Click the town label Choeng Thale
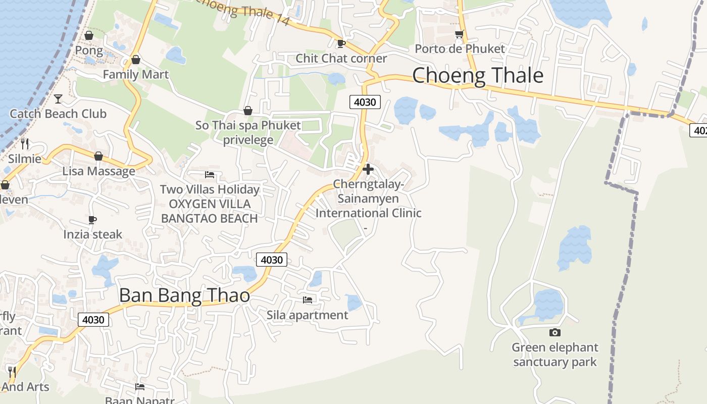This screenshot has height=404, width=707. (x=478, y=76)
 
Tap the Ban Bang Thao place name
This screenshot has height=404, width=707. (x=184, y=295)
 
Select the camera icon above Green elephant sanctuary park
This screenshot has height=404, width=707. (x=554, y=332)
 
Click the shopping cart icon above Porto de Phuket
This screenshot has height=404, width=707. (x=459, y=34)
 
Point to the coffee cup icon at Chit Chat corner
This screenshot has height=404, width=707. (x=341, y=43)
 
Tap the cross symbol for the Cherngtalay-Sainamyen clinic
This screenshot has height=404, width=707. (x=368, y=169)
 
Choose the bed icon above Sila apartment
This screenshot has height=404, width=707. (x=307, y=300)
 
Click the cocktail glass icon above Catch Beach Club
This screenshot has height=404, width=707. (x=58, y=98)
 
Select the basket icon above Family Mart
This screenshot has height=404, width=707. (x=135, y=60)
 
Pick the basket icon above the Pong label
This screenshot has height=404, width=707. (x=89, y=36)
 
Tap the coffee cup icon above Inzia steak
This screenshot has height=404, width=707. (x=92, y=220)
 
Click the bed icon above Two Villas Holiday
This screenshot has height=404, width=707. (x=210, y=175)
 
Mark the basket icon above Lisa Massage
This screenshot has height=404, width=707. (x=98, y=157)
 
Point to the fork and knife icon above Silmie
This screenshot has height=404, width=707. (x=25, y=144)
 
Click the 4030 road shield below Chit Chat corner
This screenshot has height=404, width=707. (x=365, y=102)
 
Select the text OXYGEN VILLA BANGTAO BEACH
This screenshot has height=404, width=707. (x=210, y=211)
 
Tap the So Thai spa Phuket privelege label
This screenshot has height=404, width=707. (x=248, y=132)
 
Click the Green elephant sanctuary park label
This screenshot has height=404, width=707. (x=554, y=355)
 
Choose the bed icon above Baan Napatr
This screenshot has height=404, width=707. (x=140, y=387)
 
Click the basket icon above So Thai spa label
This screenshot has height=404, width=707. (x=247, y=111)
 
